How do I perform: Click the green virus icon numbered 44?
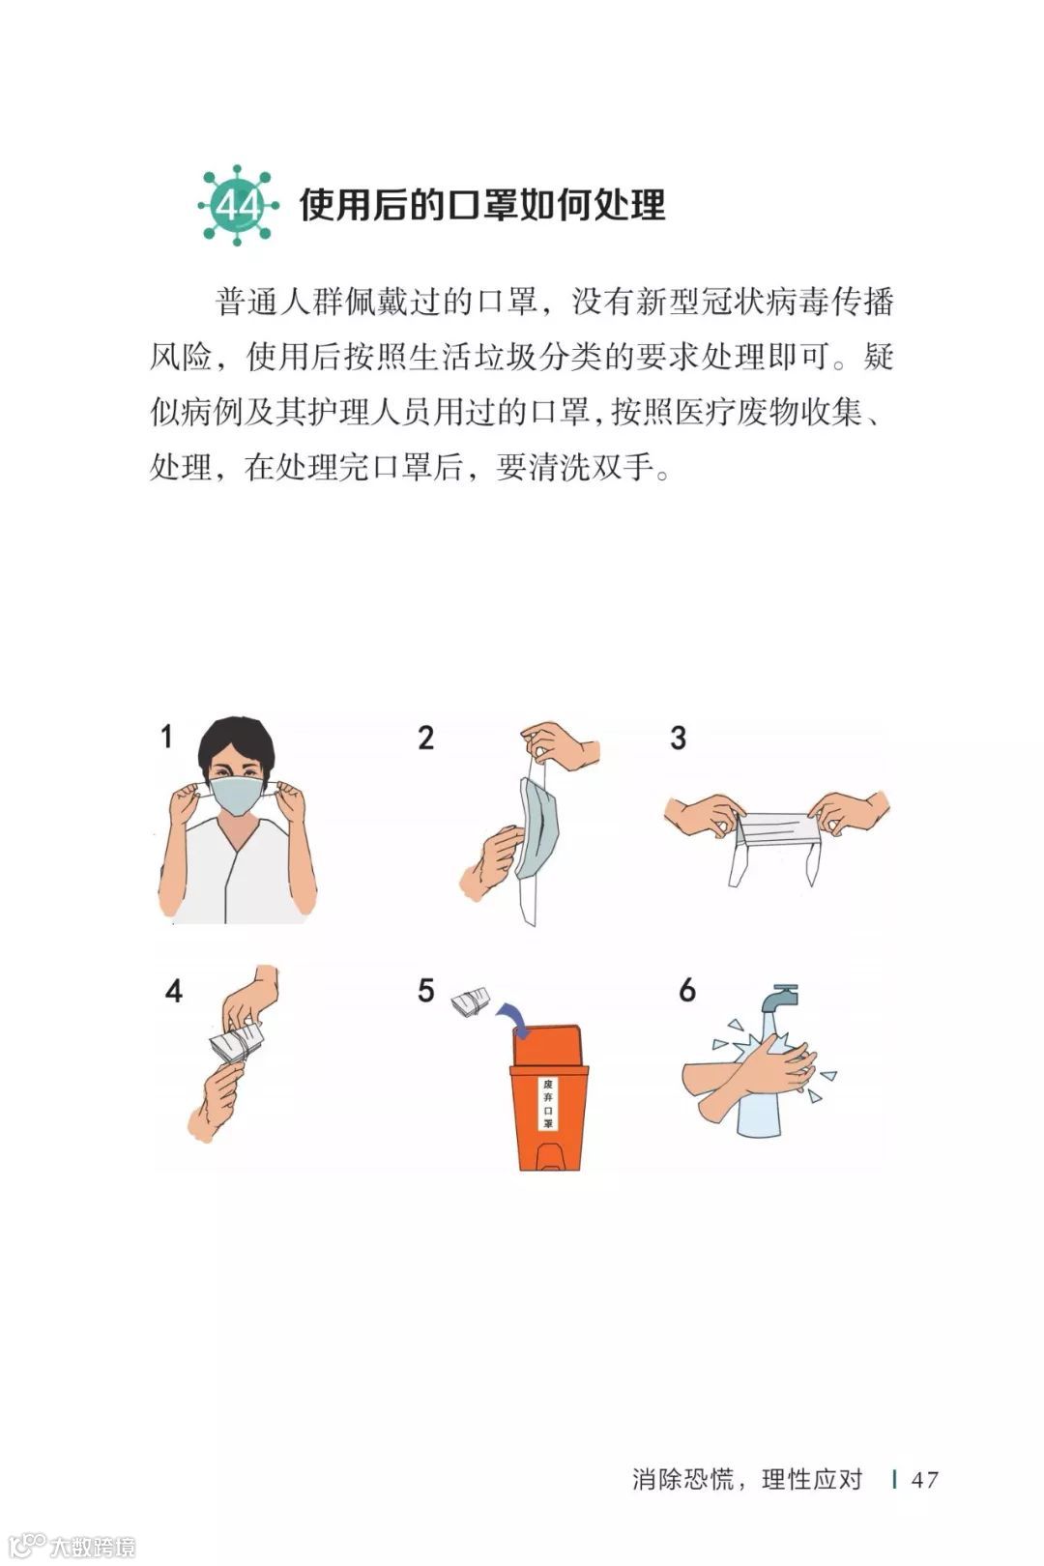pos(238,206)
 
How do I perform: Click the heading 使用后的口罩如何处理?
pos(482,205)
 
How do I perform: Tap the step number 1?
pos(166,737)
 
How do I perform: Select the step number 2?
pos(426,739)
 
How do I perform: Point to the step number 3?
pos(679,739)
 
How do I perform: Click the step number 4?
pos(173,991)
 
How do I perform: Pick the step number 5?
pos(426,991)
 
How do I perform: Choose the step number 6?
pos(687,991)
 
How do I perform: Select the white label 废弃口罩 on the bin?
pos(547,1103)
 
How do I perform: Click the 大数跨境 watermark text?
pos(92,1547)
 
